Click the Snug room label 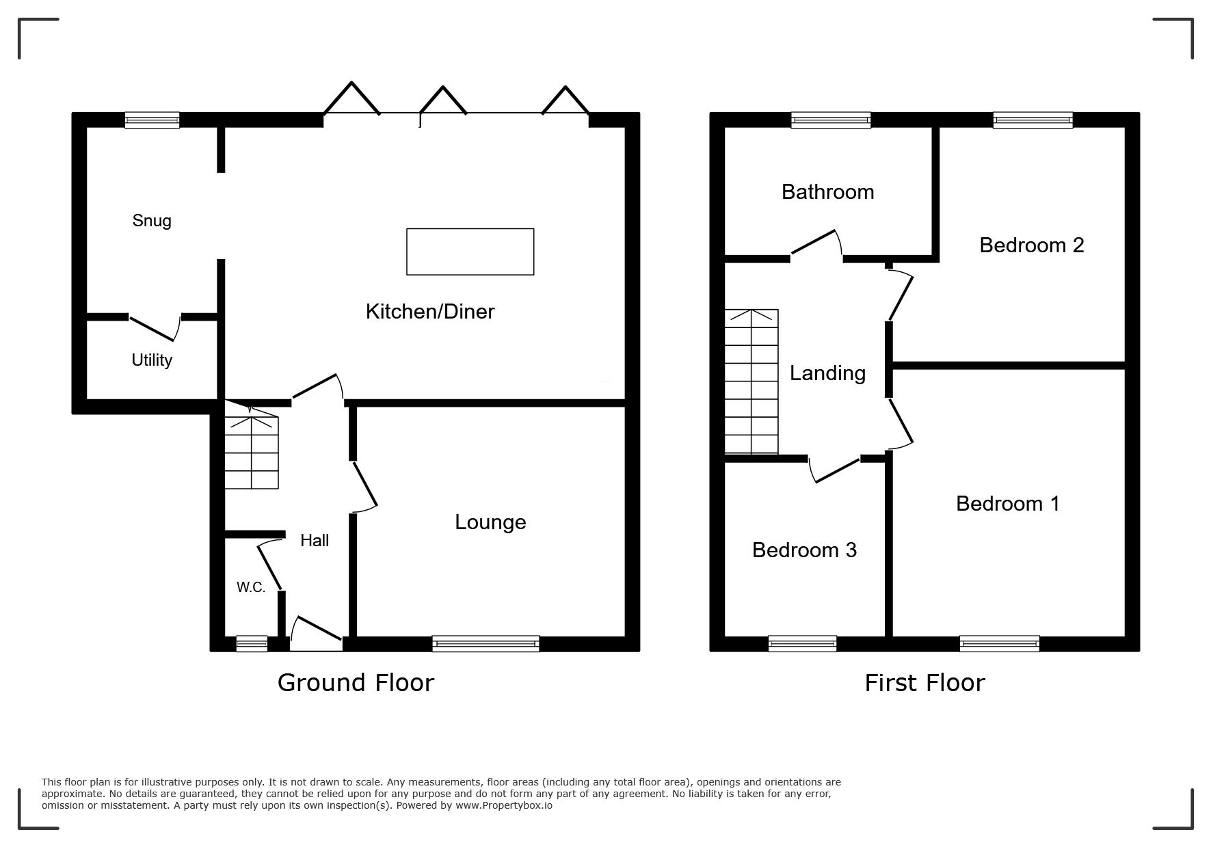[152, 220]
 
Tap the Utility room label [152, 360]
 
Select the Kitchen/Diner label [430, 312]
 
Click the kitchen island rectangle [470, 252]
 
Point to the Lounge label [490, 522]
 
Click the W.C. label [251, 587]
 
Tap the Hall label [315, 540]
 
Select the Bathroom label [827, 191]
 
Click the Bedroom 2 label [1032, 245]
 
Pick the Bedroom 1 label [1008, 503]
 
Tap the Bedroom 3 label [804, 550]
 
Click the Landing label [827, 373]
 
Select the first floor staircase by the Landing [751, 381]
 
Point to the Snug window [152, 120]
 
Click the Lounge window [485, 643]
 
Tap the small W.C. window [252, 643]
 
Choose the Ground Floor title [356, 683]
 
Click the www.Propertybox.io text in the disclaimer [504, 805]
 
